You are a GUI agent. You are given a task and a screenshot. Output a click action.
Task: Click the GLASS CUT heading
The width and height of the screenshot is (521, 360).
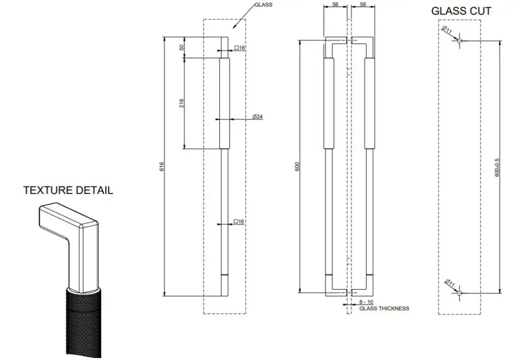(461, 11)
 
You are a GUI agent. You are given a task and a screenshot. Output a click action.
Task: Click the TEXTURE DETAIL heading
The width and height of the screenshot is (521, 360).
(68, 190)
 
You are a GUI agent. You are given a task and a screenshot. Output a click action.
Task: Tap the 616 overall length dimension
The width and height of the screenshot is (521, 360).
(161, 167)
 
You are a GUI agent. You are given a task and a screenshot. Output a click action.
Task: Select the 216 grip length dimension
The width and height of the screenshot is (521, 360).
(181, 103)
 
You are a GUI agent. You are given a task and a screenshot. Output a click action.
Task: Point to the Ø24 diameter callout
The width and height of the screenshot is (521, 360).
(257, 116)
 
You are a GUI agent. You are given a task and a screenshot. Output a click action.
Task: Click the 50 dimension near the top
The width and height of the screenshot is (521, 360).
(182, 47)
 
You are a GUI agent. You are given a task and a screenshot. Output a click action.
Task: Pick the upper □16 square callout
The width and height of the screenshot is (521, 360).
(240, 48)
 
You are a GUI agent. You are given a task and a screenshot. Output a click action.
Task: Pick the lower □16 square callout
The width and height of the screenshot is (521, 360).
(239, 221)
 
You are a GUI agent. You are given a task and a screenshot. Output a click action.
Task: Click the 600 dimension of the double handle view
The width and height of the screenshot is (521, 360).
(297, 167)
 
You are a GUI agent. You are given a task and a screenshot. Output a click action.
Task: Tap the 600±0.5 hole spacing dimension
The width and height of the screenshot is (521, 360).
(497, 167)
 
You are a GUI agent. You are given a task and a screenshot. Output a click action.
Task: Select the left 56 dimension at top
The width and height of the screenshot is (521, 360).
(335, 4)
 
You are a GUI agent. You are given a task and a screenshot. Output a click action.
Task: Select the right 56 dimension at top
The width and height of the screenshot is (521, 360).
(363, 4)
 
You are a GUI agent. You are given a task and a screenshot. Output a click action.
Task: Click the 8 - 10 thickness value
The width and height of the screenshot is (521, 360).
(366, 302)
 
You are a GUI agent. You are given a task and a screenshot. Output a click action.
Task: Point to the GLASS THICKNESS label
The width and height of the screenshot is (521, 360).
(384, 309)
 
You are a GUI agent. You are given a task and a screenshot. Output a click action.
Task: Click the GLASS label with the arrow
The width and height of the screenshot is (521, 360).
(264, 5)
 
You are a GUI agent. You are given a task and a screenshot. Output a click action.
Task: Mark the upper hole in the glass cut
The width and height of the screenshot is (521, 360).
(459, 41)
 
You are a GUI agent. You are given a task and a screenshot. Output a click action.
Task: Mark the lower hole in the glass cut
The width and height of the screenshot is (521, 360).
(459, 293)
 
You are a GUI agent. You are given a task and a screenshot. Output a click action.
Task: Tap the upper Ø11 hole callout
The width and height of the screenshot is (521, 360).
(447, 30)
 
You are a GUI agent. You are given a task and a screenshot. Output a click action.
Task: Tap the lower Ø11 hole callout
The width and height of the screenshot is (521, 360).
(450, 283)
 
